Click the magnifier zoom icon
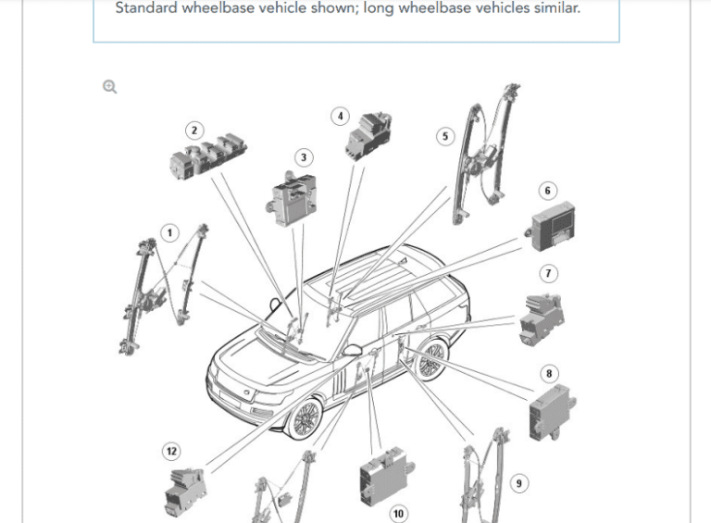click(x=110, y=87)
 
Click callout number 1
click(x=169, y=232)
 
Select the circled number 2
click(x=193, y=131)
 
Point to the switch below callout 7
click(x=542, y=317)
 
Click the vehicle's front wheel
click(x=302, y=418)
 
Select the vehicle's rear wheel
click(x=430, y=361)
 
